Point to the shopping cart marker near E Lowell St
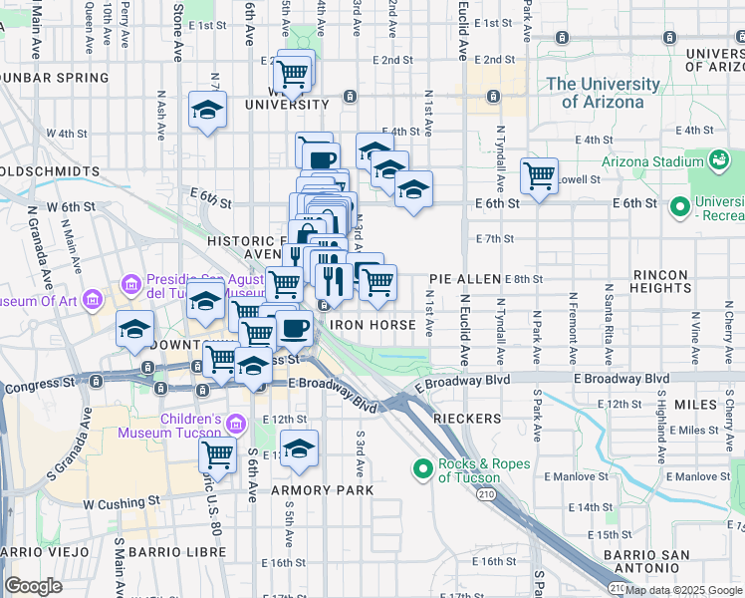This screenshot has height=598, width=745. (x=539, y=175)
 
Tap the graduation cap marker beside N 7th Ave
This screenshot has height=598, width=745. (x=207, y=110)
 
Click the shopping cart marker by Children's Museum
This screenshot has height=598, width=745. (x=217, y=454)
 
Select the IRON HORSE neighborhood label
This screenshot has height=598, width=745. (x=372, y=324)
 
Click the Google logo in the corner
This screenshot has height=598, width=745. (x=33, y=586)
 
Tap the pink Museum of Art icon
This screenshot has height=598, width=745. (x=92, y=298)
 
